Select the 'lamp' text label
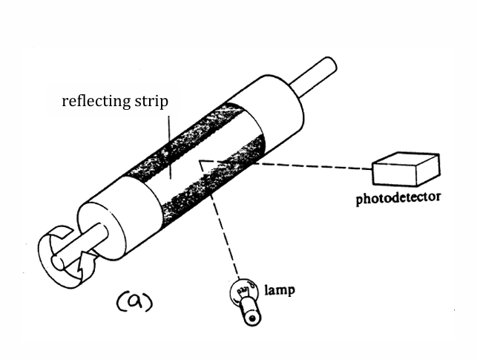click(280, 289)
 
